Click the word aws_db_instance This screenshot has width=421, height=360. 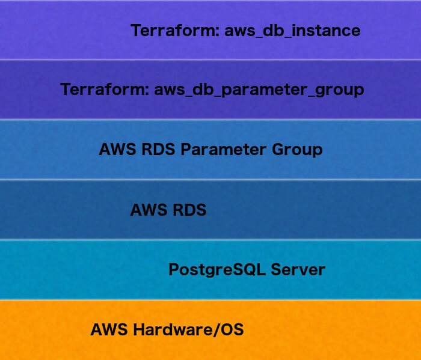[x=292, y=31]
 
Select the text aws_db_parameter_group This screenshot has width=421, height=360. [x=259, y=90]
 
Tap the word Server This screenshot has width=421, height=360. [x=298, y=269]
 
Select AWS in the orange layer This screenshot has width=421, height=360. [x=109, y=330]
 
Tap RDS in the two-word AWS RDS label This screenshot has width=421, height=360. [x=189, y=210]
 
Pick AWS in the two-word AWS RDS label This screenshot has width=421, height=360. [x=149, y=210]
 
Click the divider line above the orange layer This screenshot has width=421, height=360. [x=210, y=299]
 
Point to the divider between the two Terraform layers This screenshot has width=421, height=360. [x=210, y=59]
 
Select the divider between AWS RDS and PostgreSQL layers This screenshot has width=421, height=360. [x=210, y=239]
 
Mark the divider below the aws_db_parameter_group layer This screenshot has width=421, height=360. [x=210, y=119]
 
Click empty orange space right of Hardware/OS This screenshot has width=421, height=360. [x=337, y=330]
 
